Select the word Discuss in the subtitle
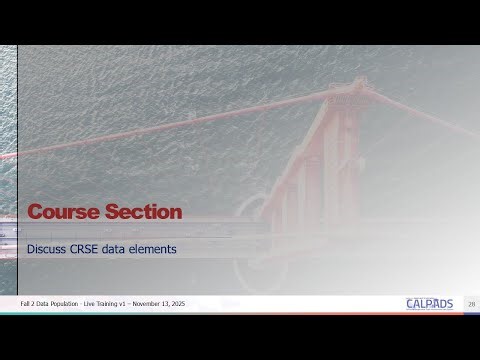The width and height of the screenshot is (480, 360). tap(46, 247)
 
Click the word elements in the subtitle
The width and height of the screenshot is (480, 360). tap(152, 247)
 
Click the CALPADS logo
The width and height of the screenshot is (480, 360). tap(429, 303)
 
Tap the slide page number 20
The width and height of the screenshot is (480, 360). tap(470, 303)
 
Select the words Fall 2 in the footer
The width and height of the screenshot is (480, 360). tap(29, 303)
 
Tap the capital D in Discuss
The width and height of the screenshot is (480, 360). tap(30, 247)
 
